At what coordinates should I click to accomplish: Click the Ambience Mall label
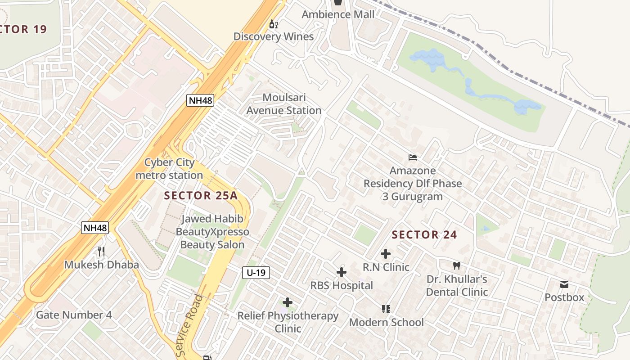(x=337, y=14)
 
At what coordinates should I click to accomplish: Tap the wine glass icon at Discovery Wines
(x=273, y=24)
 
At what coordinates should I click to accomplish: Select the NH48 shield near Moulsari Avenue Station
(x=200, y=100)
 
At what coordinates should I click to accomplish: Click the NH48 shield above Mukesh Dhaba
(x=95, y=228)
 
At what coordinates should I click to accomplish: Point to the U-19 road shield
(x=256, y=272)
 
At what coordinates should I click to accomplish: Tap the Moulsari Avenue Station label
(x=284, y=104)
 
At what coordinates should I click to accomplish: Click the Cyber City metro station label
(x=169, y=169)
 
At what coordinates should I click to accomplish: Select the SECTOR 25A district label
(x=201, y=195)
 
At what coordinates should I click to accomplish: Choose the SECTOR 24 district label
(x=424, y=234)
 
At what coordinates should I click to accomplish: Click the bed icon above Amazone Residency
(x=413, y=157)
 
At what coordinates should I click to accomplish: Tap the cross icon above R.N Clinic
(x=386, y=253)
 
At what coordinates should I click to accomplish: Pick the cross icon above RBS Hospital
(x=342, y=272)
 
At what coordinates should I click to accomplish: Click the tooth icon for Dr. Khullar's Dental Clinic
(x=456, y=265)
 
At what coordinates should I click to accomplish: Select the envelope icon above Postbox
(x=564, y=284)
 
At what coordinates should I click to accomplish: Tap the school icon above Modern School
(x=386, y=309)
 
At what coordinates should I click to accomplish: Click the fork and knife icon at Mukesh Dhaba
(x=101, y=251)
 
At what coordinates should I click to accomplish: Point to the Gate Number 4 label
(x=74, y=315)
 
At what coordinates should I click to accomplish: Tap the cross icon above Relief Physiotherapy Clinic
(x=288, y=302)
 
